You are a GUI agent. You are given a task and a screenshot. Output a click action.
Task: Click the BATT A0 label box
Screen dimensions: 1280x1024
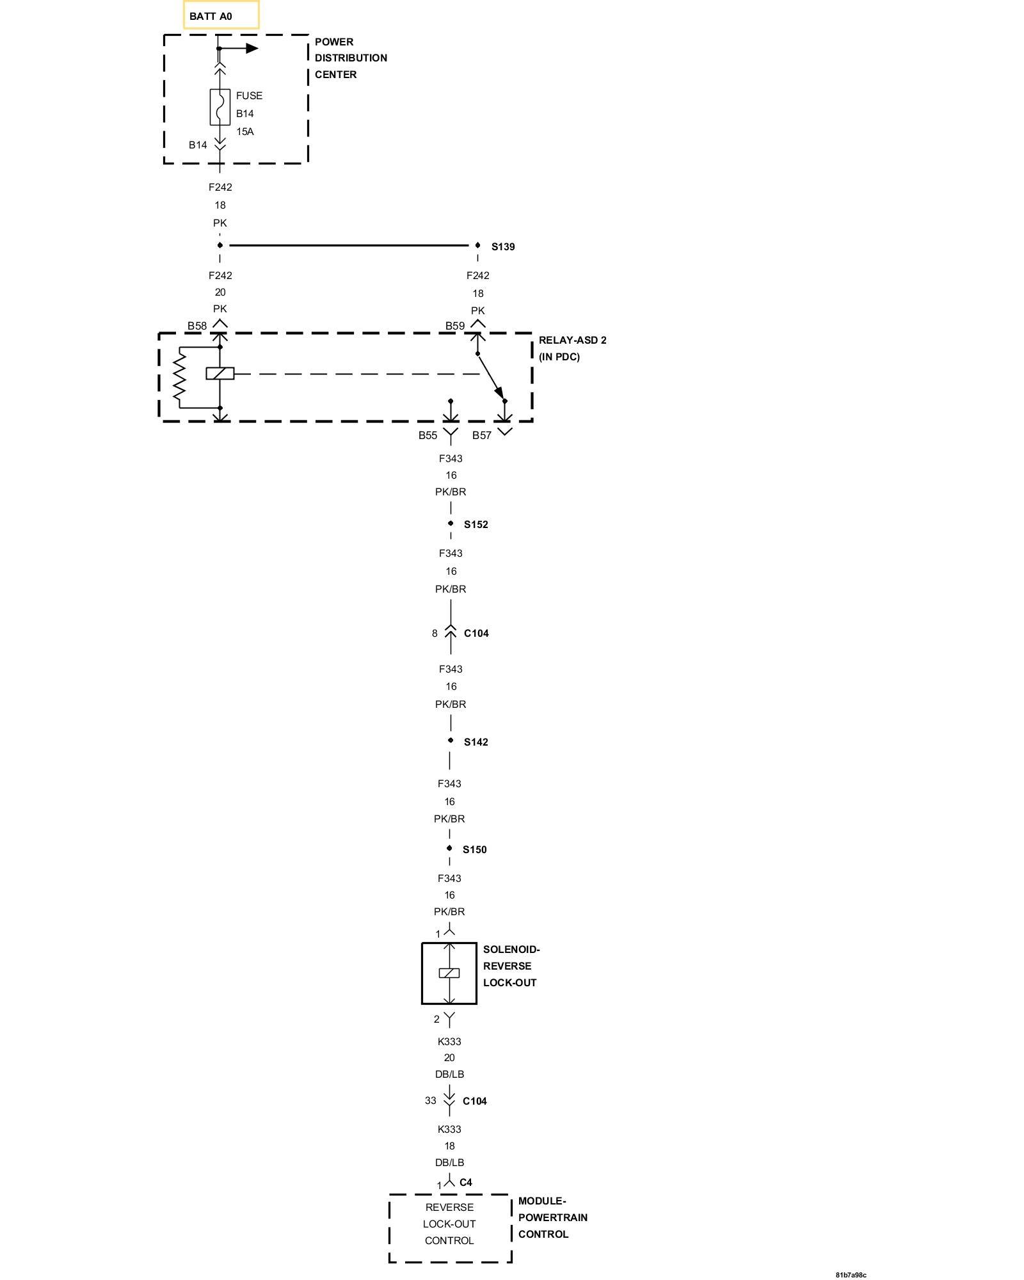pos(221,15)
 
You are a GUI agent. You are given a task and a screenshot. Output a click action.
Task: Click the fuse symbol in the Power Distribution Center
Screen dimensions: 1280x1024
pos(220,107)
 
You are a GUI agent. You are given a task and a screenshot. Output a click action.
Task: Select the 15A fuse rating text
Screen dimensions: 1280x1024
pos(245,132)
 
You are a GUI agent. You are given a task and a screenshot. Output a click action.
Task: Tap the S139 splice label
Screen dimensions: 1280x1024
pos(503,247)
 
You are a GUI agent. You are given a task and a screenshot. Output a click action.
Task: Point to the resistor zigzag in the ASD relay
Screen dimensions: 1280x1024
pos(179,378)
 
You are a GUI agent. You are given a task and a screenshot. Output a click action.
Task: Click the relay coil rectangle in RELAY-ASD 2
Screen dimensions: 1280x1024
pos(220,373)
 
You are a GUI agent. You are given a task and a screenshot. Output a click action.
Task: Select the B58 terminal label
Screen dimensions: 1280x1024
pos(197,326)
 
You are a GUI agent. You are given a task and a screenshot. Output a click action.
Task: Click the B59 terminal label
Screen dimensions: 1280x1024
pos(455,326)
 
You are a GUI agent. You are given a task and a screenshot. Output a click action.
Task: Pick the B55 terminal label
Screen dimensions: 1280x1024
pos(428,435)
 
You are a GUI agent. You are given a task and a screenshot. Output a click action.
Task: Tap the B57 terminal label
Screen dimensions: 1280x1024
pos(482,435)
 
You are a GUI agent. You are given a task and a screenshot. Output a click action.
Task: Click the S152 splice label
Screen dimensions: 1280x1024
pos(476,525)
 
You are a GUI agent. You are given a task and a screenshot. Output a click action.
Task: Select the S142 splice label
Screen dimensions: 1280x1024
pos(476,742)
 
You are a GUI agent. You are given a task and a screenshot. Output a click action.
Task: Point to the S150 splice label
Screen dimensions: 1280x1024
pos(475,850)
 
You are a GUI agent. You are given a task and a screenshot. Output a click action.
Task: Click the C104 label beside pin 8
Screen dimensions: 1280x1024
pos(476,634)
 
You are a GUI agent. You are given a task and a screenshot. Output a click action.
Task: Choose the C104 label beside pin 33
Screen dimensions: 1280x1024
pos(475,1101)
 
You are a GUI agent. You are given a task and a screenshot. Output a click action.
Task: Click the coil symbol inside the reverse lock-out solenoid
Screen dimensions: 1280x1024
pos(449,973)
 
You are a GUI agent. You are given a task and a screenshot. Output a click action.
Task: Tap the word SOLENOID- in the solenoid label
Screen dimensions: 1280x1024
pos(511,949)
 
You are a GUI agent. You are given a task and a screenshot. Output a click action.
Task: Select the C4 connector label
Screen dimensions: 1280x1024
pos(466,1182)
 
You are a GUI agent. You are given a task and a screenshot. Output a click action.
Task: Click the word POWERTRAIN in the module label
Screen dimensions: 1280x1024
pos(553,1217)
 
